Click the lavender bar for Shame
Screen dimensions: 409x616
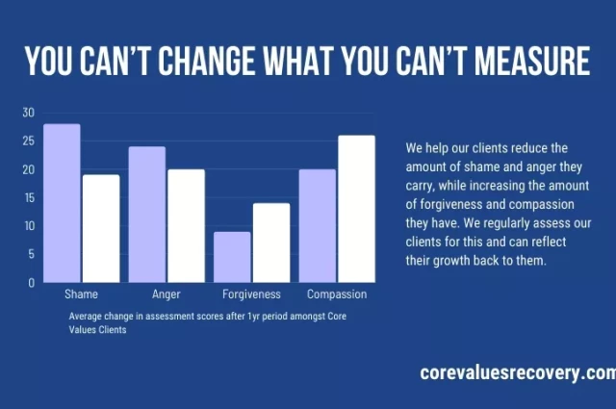62,203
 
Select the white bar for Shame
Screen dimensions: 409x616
100,229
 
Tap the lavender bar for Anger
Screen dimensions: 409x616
147,215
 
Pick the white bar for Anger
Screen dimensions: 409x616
186,226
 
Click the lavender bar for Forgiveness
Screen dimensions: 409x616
232,257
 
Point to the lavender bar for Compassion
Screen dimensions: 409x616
318,226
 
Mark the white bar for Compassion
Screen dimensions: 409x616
356,209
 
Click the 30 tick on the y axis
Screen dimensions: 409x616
28,113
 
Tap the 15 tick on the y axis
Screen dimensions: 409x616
28,197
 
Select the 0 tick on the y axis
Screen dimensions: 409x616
31,283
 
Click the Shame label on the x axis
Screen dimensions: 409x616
81,294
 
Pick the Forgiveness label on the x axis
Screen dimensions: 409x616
251,294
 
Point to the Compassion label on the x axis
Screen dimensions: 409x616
337,294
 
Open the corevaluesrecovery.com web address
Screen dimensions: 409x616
517,372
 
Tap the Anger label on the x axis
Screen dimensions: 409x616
167,294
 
